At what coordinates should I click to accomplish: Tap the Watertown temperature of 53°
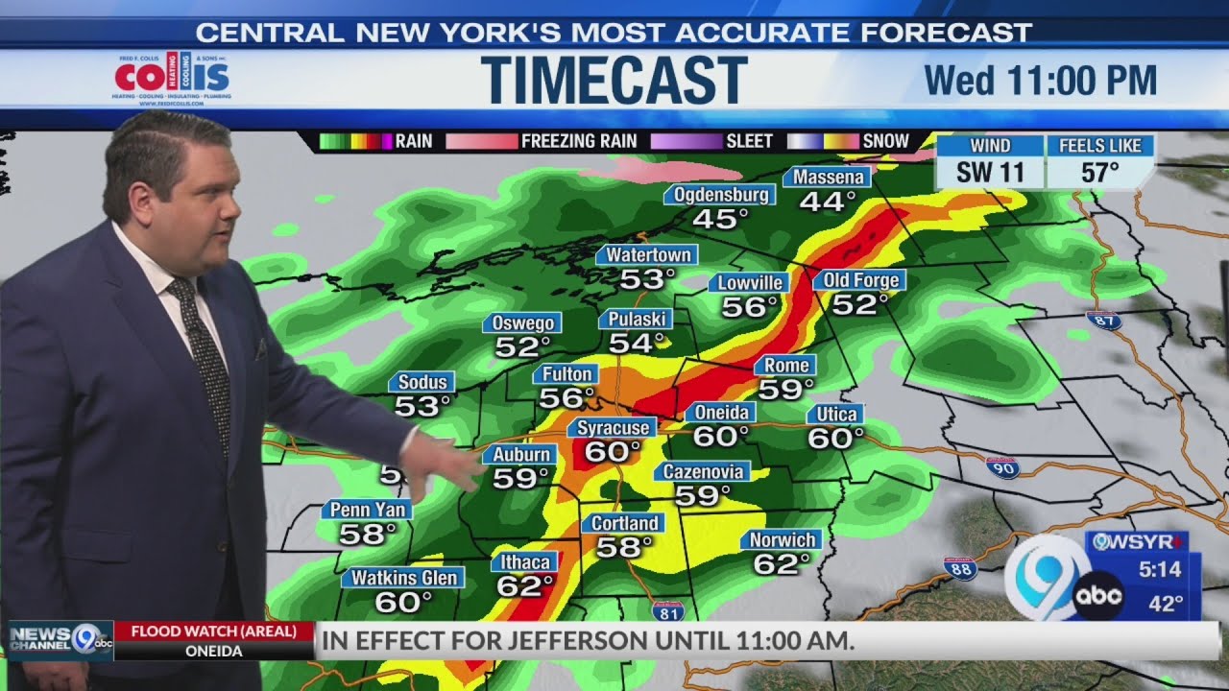click(x=647, y=279)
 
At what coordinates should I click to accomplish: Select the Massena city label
click(x=827, y=178)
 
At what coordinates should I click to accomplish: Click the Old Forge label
click(x=859, y=280)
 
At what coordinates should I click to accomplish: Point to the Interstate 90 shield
click(x=1001, y=467)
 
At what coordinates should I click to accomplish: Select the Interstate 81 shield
click(x=667, y=610)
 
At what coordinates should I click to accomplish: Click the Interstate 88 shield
click(x=959, y=568)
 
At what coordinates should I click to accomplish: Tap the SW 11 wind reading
click(x=989, y=174)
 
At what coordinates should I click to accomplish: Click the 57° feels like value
click(x=1100, y=174)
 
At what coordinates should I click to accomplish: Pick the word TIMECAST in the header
click(x=614, y=80)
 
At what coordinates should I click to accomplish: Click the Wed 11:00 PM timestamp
click(x=1040, y=81)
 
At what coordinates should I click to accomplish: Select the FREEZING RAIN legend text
click(x=579, y=141)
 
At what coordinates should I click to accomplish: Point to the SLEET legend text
click(x=749, y=141)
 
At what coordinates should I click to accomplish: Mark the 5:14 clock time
click(x=1160, y=570)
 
